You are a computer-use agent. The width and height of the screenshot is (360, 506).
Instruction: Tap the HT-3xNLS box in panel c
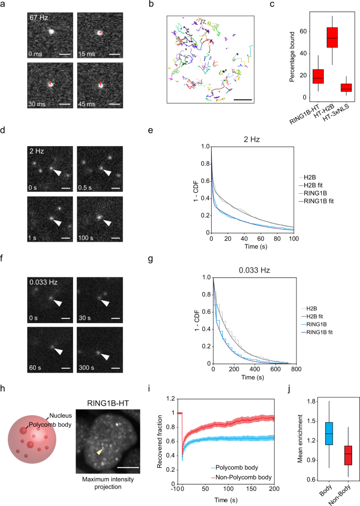click(x=331, y=87)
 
